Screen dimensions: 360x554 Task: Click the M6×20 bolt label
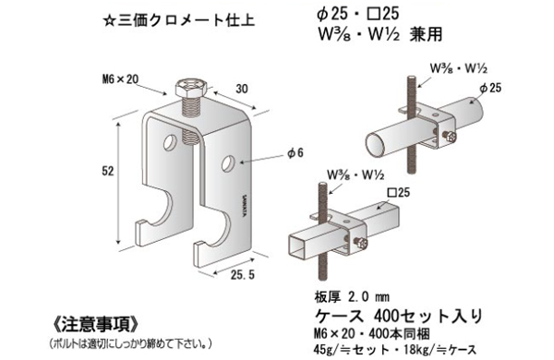click(x=122, y=78)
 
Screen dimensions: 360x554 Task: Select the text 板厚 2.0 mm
click(x=349, y=298)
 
